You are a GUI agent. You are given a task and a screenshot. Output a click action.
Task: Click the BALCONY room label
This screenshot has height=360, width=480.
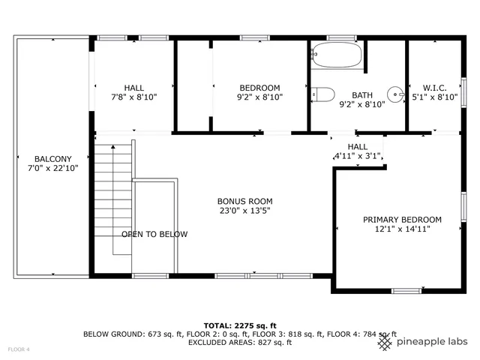pyautogui.click(x=52, y=159)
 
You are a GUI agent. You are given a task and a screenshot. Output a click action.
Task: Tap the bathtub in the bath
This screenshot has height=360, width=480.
pyautogui.click(x=337, y=55)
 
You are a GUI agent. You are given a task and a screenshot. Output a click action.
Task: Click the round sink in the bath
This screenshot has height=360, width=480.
pyautogui.click(x=395, y=94)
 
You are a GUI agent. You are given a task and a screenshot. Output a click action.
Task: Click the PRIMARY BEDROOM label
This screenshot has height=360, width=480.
pyautogui.click(x=402, y=220)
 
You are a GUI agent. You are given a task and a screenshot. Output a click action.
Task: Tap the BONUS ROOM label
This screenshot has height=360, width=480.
pyautogui.click(x=244, y=201)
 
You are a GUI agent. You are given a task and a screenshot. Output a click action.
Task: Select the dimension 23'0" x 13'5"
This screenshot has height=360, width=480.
pyautogui.click(x=244, y=211)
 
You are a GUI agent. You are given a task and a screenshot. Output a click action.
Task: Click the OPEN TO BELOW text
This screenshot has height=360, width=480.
pyautogui.click(x=154, y=234)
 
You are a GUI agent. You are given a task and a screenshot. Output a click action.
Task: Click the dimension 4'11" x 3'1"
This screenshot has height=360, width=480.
pyautogui.click(x=358, y=157)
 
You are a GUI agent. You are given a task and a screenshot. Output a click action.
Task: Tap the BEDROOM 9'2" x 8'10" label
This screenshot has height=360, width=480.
pyautogui.click(x=259, y=88)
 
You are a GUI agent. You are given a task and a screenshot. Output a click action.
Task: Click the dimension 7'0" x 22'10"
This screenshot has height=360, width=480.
pyautogui.click(x=52, y=168)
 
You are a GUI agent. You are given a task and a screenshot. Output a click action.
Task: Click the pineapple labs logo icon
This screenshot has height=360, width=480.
pyautogui.click(x=385, y=343)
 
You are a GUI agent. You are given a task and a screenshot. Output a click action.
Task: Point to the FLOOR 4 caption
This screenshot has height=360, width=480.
pyautogui.click(x=19, y=349)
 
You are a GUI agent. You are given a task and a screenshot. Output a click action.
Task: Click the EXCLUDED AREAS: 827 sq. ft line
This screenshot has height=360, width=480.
pyautogui.click(x=240, y=342)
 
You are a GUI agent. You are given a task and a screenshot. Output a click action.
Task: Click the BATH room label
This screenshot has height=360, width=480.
pyautogui.click(x=362, y=95)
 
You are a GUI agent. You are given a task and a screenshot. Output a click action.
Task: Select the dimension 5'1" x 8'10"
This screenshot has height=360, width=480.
pyautogui.click(x=434, y=97)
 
